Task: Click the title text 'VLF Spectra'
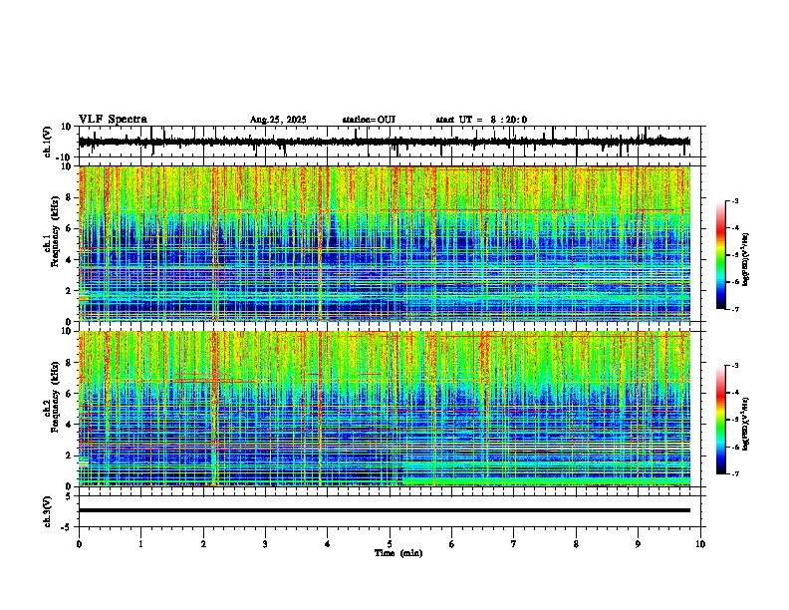pos(113,120)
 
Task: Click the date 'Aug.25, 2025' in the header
pos(278,120)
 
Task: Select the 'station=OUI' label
pos(369,120)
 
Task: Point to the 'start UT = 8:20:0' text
pos(481,120)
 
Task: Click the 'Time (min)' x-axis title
pos(398,552)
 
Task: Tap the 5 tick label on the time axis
pos(390,543)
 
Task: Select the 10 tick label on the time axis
pos(700,543)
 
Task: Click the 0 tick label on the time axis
pos(79,543)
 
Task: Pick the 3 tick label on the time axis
pos(265,543)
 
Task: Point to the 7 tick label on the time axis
pos(514,543)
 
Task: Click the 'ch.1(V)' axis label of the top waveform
pos(48,142)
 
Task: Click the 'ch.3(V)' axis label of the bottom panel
pos(48,509)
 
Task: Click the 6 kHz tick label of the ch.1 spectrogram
pos(68,228)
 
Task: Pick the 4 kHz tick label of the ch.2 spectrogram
pos(68,425)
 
